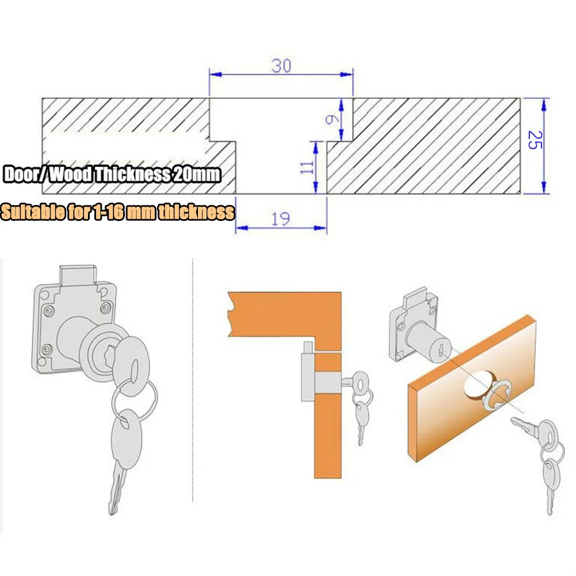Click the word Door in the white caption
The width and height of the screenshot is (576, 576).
click(x=22, y=174)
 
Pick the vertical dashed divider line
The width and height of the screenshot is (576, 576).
click(x=192, y=380)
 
